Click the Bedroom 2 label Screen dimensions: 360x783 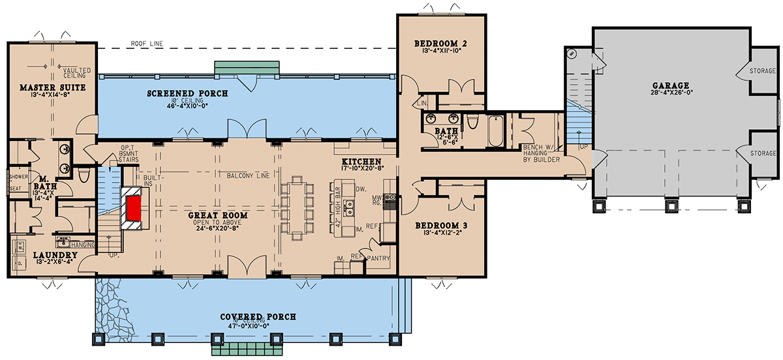coord(440,44)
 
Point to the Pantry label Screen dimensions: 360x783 coord(378,258)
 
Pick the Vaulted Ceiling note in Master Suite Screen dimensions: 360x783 coord(76,72)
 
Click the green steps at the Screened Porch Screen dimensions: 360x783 coord(247,68)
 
